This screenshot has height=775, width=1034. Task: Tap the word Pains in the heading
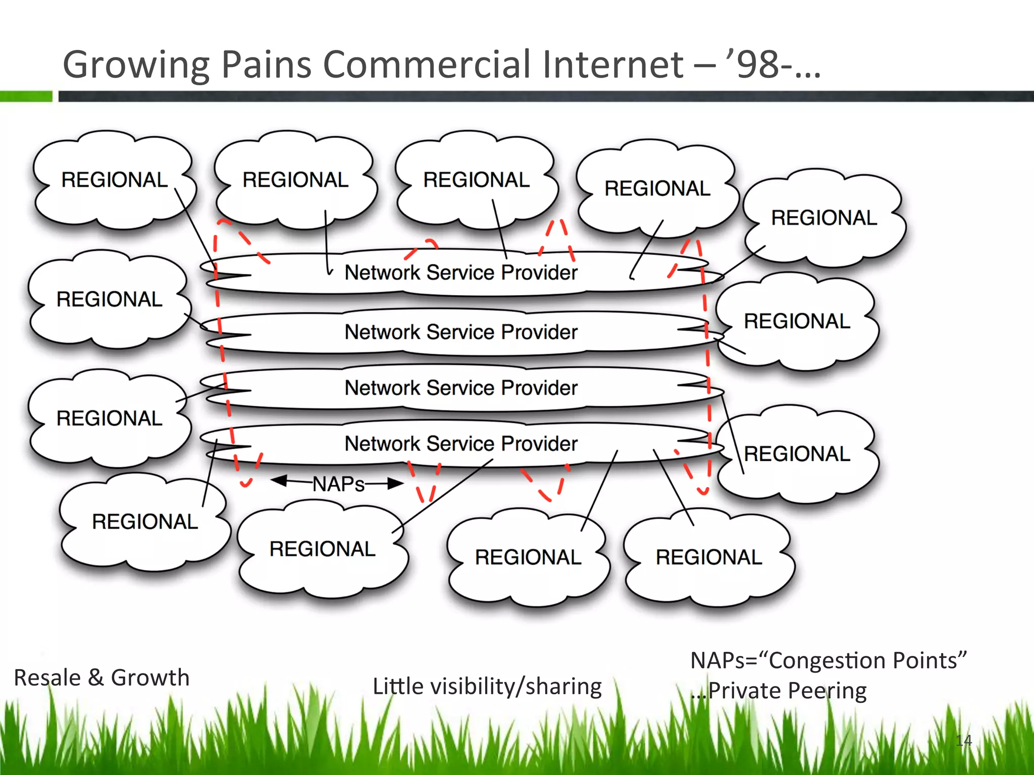[x=267, y=65]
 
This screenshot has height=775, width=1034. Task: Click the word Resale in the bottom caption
[x=47, y=678]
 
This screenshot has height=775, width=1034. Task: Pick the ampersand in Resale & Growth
[x=96, y=678]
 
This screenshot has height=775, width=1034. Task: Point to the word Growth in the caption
[x=150, y=678]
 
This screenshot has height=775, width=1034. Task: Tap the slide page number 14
[x=963, y=741]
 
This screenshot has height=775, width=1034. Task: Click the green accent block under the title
[x=26, y=96]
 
